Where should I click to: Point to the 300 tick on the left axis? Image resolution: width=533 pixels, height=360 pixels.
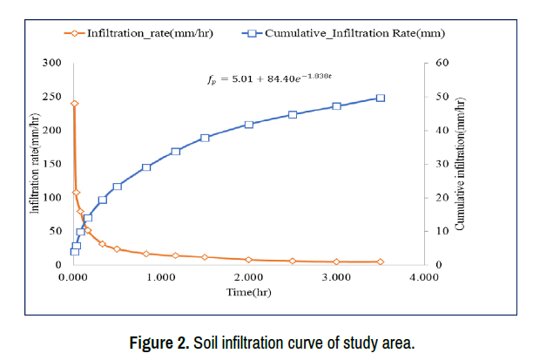pos(52,63)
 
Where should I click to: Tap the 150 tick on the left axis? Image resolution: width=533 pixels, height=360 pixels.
pos(52,164)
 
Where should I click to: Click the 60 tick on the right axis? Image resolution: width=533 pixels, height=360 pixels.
pos(441,63)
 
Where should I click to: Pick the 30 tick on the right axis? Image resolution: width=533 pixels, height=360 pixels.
pos(441,164)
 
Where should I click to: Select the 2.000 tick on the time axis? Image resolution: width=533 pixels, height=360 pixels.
pos(248,278)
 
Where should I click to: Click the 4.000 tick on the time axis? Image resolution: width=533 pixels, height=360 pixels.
pos(424,278)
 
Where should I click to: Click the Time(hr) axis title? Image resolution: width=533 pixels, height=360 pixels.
pos(249,292)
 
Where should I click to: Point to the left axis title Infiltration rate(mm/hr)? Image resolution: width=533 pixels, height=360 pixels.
pos(36,164)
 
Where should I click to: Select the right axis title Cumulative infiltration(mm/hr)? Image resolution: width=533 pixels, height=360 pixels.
pos(461,164)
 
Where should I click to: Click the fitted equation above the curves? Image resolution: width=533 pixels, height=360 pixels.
pos(270,79)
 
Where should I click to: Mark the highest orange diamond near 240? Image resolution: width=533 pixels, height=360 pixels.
pos(74,103)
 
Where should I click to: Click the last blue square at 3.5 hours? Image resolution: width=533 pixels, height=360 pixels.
pos(381,98)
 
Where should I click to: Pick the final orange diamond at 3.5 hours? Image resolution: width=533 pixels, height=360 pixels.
pos(381,262)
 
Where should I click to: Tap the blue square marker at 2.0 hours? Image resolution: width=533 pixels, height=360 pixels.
pos(249,125)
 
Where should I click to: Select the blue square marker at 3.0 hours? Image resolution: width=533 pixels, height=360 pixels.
pos(336,106)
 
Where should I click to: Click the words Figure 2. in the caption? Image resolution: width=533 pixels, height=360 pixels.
pos(159,342)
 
